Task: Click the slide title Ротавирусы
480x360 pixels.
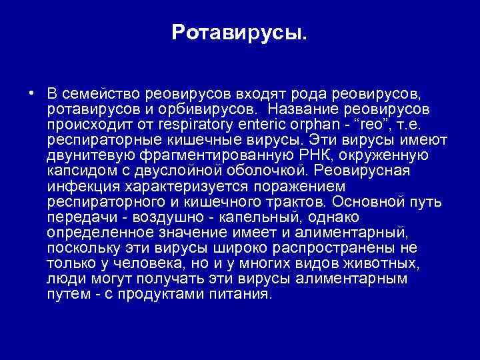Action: (x=239, y=31)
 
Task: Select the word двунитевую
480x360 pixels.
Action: (x=91, y=155)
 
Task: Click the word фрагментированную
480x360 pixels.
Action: (x=216, y=155)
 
